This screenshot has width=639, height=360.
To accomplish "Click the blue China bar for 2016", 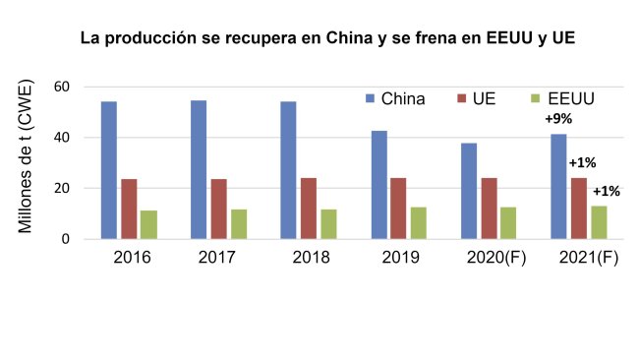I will (x=108, y=170).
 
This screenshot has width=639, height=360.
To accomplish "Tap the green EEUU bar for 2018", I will (x=328, y=223).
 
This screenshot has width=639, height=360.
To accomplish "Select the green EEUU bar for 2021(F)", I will (x=599, y=222).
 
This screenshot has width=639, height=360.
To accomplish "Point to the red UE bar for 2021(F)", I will (x=579, y=208).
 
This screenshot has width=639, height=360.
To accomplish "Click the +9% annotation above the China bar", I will (x=559, y=119).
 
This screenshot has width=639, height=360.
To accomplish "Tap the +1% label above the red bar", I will (x=582, y=162).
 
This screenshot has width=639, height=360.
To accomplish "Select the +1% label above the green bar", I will (x=606, y=191).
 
